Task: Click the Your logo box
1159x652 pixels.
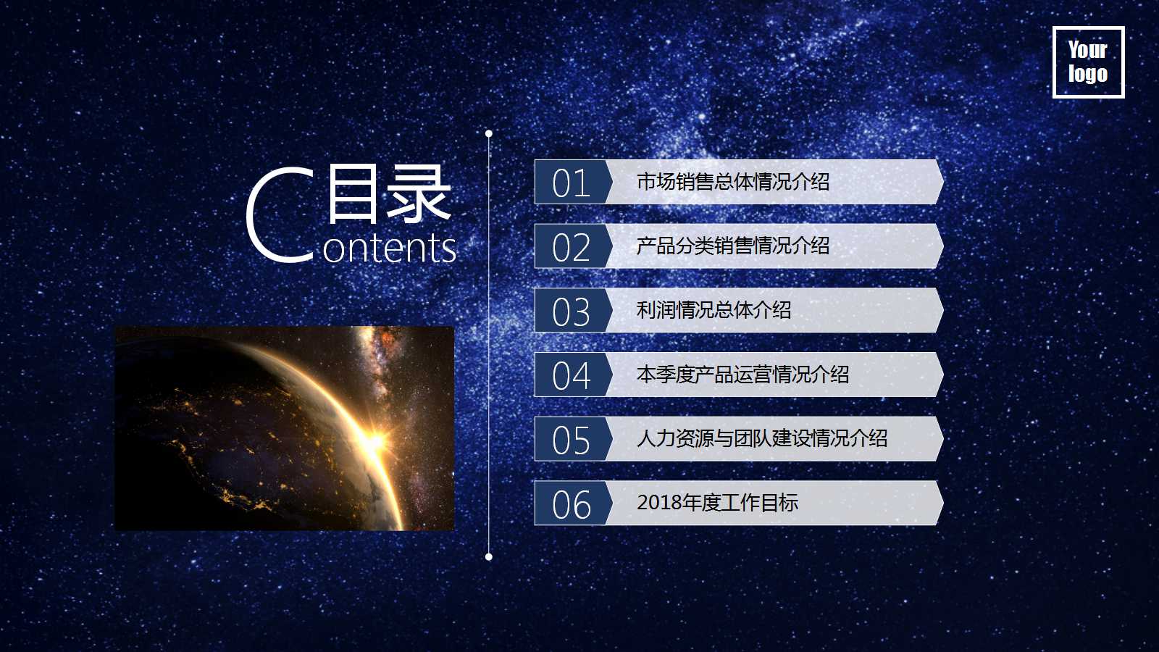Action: [x=1088, y=62]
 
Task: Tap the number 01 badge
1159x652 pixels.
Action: [x=571, y=183]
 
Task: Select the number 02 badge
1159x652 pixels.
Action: [x=571, y=247]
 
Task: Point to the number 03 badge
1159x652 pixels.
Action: [x=571, y=312]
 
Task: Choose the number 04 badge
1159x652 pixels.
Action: [x=571, y=375]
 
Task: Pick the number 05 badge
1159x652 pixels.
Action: [x=571, y=440]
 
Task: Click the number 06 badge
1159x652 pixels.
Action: [x=571, y=504]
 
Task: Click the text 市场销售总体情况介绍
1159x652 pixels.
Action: [x=733, y=182]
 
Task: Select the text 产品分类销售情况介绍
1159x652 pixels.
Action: [x=733, y=246]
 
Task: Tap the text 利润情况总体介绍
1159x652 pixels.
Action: [x=714, y=310]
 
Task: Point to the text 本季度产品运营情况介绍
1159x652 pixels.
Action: [x=742, y=375]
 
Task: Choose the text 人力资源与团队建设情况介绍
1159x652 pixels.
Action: [x=762, y=438]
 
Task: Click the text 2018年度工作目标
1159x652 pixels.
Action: [x=717, y=503]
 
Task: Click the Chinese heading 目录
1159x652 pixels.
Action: [x=389, y=193]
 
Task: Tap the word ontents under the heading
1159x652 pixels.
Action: [x=390, y=248]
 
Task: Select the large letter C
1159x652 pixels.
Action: [x=280, y=214]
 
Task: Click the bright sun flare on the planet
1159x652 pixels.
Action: [x=375, y=439]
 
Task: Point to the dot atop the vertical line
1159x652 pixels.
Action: [x=489, y=133]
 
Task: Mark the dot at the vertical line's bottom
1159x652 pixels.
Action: [x=489, y=556]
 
